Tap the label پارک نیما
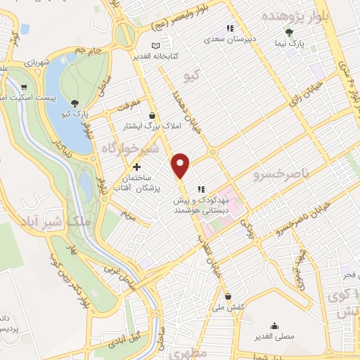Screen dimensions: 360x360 coord(288,44)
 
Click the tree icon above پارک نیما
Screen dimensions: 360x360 coord(288,32)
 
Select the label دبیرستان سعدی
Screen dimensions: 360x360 coord(228,39)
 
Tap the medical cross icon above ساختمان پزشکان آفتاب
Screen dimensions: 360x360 coord(136,167)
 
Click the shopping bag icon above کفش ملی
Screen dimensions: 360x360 coord(227,296)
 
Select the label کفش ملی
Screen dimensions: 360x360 coord(227,307)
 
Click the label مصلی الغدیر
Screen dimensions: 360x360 coord(274,336)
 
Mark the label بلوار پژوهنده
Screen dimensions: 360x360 coord(294,16)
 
